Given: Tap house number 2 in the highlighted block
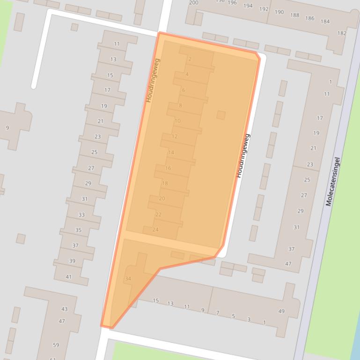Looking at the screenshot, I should [190, 59].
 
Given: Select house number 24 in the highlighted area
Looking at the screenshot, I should [155, 230].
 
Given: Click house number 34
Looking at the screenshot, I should [128, 279].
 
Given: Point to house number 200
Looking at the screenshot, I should [193, 2].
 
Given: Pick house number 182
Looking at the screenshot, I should [342, 33].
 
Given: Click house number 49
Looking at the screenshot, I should [281, 311].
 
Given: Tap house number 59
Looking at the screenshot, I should [56, 345].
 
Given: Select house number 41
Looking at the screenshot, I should [69, 277].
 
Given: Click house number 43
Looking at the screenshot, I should [64, 309].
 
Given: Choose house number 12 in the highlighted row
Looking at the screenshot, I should [175, 137].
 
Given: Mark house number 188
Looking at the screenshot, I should [294, 15].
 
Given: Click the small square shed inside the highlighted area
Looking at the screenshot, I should [221, 115].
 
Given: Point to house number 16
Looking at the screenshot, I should [168, 168].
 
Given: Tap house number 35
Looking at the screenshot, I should [78, 230].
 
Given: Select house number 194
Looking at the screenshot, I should [248, 6].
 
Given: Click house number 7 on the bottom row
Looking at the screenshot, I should [218, 312].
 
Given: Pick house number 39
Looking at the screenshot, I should [72, 261].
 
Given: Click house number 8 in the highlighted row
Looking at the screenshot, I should [180, 106].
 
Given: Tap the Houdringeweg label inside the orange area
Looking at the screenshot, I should [153, 80].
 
